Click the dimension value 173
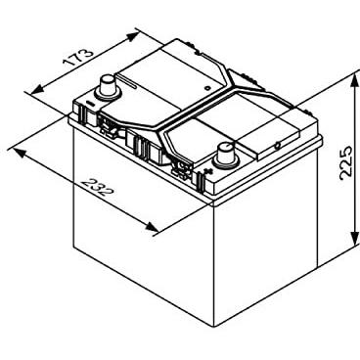point(78,58)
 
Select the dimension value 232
point(98,187)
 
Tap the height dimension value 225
point(346,162)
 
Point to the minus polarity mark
point(90,104)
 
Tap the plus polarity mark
point(206,171)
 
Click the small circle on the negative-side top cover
point(206,88)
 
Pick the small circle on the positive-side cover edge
point(278,146)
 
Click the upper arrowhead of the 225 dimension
point(353,82)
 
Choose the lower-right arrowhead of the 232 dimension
point(152,228)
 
